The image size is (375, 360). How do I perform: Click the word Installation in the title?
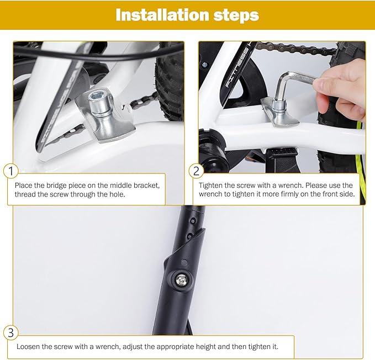click(162, 15)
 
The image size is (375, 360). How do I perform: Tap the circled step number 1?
click(10, 171)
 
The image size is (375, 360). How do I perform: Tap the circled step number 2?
click(196, 171)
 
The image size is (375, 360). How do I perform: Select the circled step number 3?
click(10, 333)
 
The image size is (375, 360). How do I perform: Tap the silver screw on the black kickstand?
click(181, 280)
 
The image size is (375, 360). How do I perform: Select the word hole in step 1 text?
click(117, 194)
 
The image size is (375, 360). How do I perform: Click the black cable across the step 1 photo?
click(96, 54)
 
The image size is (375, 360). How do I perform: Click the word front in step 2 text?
click(329, 194)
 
